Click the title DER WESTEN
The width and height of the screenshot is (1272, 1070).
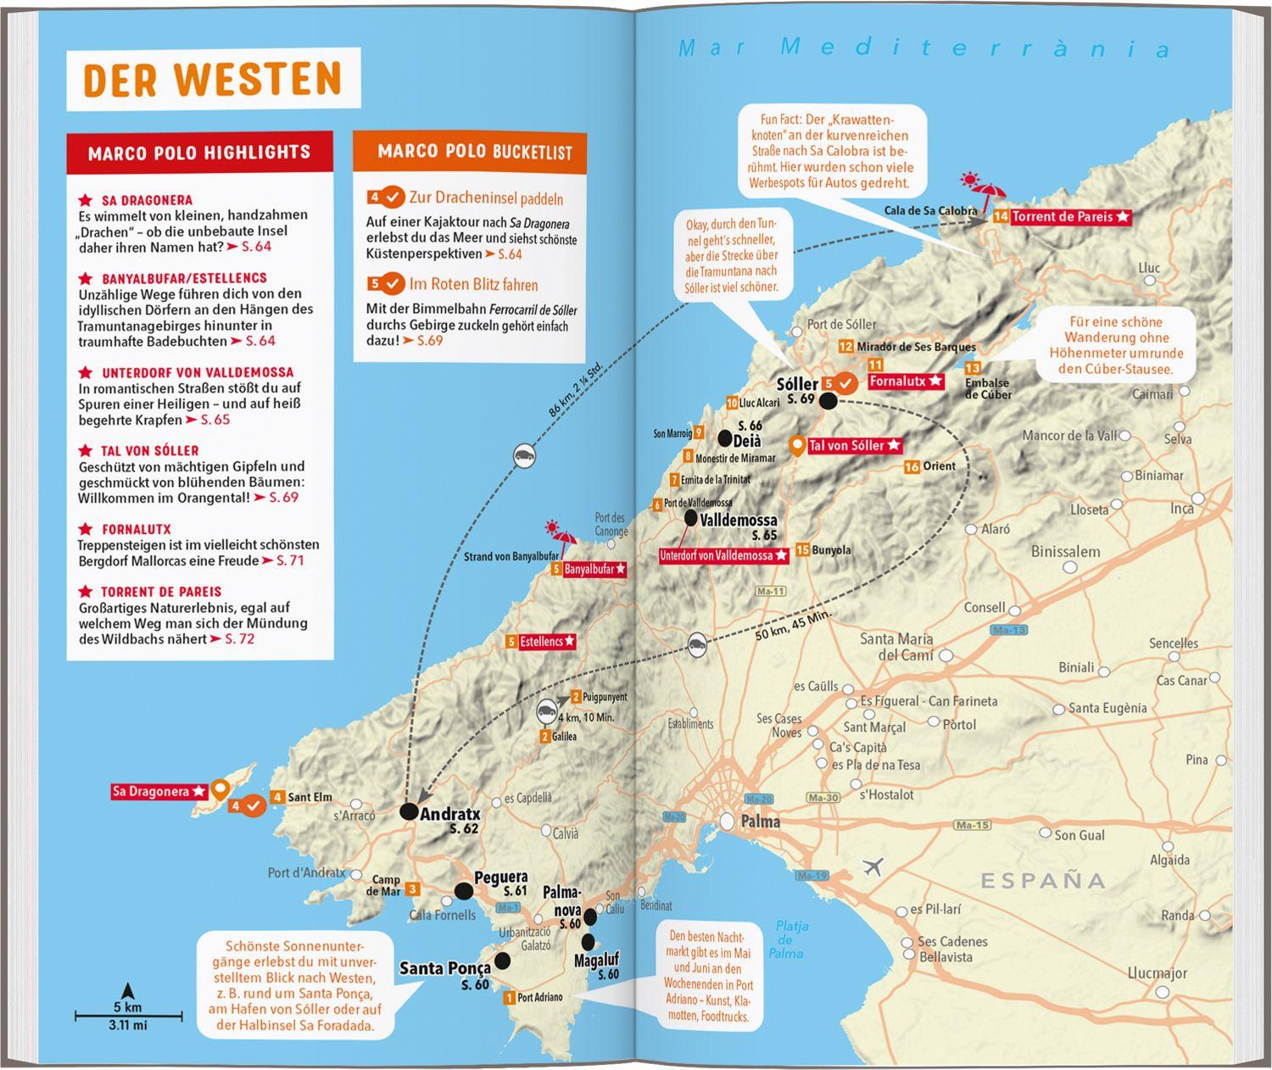pos(212,80)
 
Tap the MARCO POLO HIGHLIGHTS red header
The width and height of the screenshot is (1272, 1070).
pos(199,153)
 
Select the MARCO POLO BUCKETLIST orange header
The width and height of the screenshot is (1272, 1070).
pos(474,152)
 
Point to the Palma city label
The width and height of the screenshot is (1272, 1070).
pos(760,822)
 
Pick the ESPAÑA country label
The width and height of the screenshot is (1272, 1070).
pos(1043,881)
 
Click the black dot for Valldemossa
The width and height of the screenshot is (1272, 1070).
pos(691,517)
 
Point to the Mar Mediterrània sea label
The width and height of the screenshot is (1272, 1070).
pos(924,48)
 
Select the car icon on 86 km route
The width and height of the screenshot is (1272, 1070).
pos(524,455)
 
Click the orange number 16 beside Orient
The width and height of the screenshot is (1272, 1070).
pos(912,466)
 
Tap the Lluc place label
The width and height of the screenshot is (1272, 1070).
pos(1149,268)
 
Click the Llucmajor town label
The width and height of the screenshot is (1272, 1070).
pos(1157,972)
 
